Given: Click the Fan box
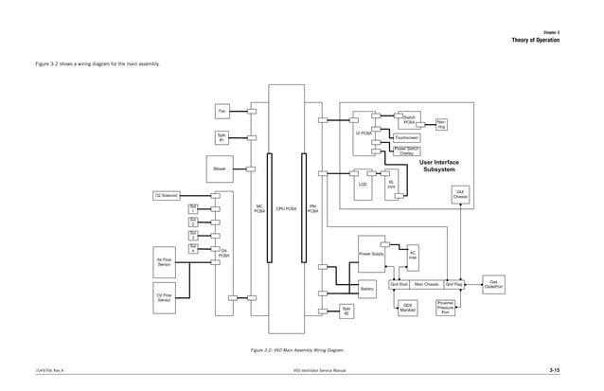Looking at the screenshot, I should tap(222, 112).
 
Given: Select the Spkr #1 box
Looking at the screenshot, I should tap(222, 138).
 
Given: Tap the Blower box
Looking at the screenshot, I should tap(219, 170).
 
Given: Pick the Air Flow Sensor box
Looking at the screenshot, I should tap(164, 260).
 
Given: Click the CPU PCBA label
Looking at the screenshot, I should tap(286, 207).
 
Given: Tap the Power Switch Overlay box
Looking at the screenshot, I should tap(407, 151).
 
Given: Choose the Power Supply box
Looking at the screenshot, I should tap(371, 254).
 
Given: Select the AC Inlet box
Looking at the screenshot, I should tap(412, 255).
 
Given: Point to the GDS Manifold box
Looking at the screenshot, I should tap(408, 307).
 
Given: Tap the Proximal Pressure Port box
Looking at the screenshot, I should tap(446, 307).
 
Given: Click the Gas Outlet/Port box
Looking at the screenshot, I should tap(495, 283).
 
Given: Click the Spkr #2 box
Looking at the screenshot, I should tap(346, 311).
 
